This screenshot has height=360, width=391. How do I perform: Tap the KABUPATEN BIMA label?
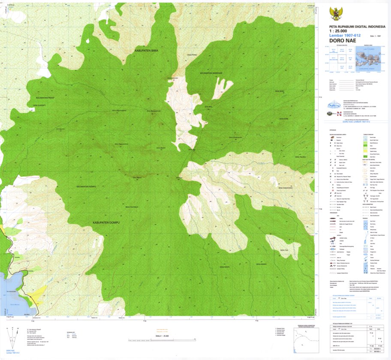coord(147,51)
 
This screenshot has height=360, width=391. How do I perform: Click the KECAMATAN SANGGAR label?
coord(211,73)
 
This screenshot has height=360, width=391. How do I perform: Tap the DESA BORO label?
coord(280,91)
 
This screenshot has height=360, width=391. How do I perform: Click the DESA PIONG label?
coord(192,55)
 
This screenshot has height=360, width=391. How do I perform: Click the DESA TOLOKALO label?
coord(132,207)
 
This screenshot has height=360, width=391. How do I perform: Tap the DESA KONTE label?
coord(225,267)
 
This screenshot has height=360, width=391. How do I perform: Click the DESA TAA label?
coord(283,250)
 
